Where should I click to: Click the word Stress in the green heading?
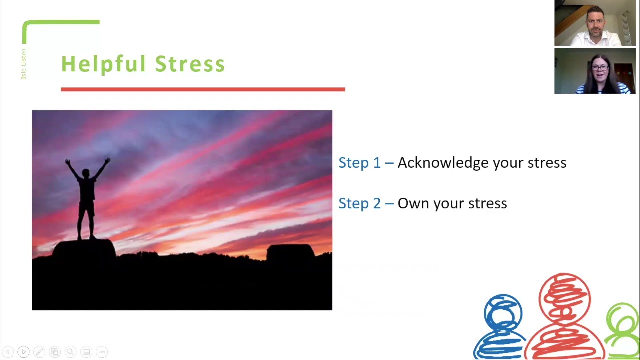[190, 64]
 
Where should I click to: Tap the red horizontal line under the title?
[202, 89]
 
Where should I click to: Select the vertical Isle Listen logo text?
[23, 64]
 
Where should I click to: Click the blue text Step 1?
[359, 163]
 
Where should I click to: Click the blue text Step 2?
[359, 203]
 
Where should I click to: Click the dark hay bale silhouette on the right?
[290, 252]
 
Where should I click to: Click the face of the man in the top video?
[595, 21]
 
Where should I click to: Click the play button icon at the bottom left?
[23, 352]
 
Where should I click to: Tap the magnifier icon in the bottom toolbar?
[70, 352]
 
